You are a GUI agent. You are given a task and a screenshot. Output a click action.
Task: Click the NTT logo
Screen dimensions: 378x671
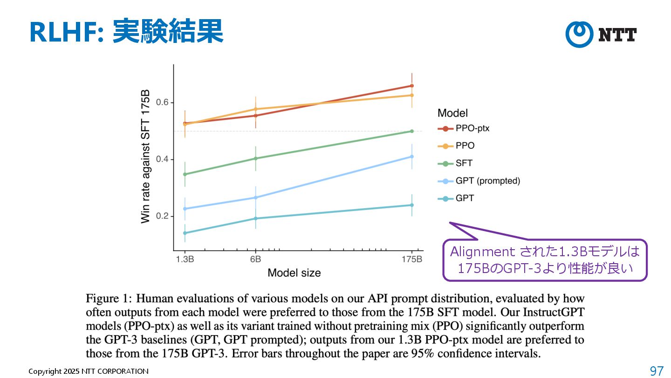click(601, 34)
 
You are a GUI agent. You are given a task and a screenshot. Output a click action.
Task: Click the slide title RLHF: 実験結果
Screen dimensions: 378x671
click(126, 32)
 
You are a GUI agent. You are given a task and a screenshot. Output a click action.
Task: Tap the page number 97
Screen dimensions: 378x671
click(656, 371)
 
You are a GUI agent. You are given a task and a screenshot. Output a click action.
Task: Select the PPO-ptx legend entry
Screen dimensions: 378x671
click(472, 128)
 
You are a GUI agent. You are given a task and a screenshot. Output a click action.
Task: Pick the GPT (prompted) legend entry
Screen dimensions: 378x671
click(487, 181)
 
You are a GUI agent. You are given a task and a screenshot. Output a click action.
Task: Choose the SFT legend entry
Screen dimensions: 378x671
click(464, 163)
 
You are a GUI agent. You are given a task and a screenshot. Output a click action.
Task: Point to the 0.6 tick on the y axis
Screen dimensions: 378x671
click(162, 103)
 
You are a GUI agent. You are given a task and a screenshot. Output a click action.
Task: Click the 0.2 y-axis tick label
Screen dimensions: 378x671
click(162, 217)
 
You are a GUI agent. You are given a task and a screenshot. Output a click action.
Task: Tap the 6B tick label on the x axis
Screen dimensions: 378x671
click(255, 259)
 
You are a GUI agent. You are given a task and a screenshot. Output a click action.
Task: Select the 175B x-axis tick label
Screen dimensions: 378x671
click(412, 259)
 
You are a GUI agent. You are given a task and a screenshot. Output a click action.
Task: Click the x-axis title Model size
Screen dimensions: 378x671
click(294, 273)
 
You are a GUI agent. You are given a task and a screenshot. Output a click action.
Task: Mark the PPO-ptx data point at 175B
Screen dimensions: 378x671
click(412, 86)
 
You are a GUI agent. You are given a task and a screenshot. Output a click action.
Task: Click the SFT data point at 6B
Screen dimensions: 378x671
click(255, 159)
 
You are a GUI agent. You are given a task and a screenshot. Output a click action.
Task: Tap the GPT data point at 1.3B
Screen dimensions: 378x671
click(185, 233)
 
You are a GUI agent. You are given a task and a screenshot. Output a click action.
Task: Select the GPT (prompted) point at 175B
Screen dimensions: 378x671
click(412, 157)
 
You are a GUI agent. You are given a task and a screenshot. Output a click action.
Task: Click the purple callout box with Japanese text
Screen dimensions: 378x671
click(545, 260)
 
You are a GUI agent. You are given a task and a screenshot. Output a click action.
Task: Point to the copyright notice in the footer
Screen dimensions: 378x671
click(89, 371)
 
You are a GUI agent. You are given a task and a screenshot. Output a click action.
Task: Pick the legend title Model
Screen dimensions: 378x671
click(452, 113)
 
